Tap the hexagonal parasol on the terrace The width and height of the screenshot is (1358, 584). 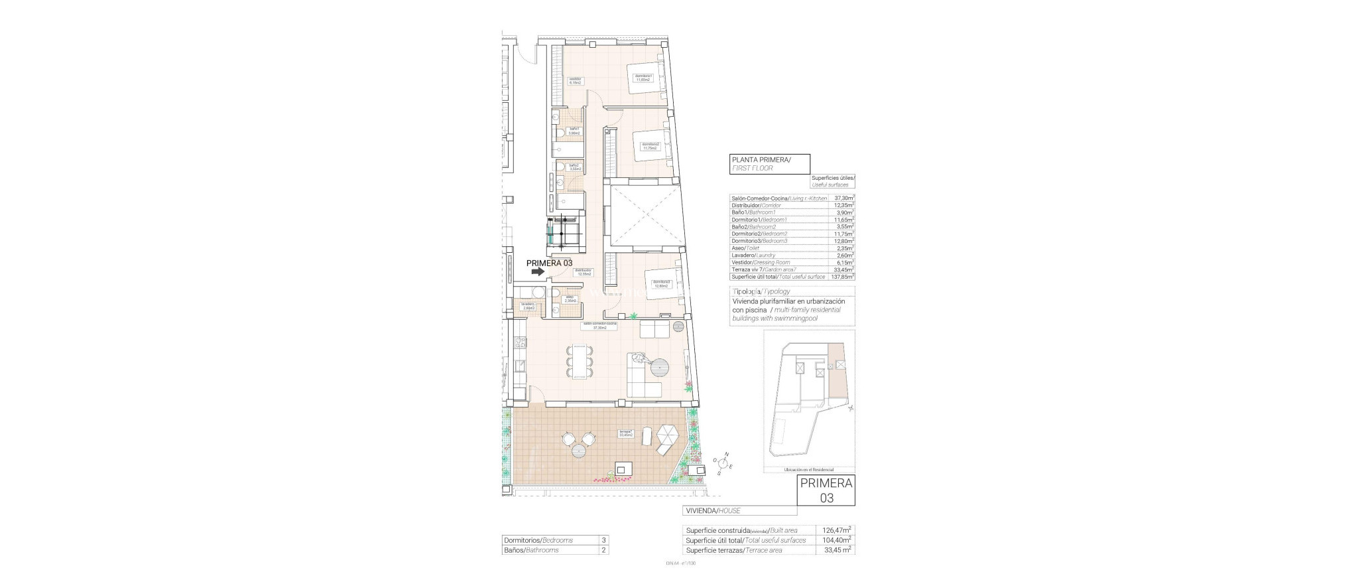click(x=666, y=435)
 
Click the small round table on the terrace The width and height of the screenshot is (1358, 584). click(x=115, y=452)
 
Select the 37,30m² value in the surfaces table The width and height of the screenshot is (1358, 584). click(x=843, y=198)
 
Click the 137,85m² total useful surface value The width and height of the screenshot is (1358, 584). click(x=842, y=277)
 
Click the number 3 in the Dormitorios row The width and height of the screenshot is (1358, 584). click(x=603, y=540)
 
